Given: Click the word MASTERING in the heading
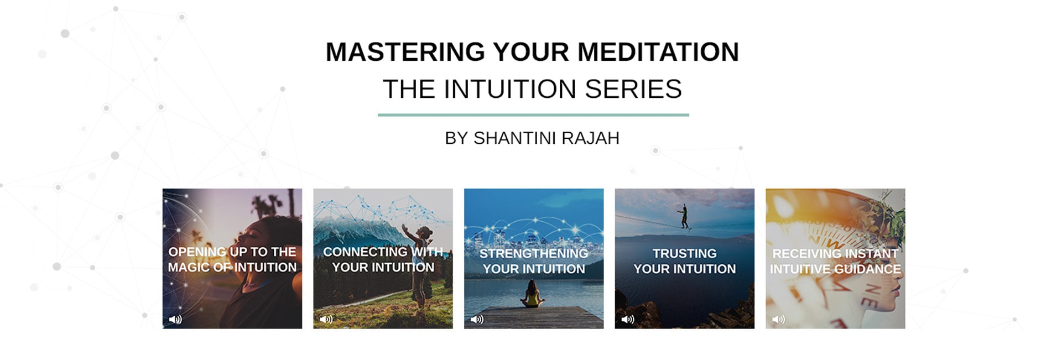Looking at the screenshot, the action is point(405,52).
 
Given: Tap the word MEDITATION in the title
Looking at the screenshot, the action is point(658,52).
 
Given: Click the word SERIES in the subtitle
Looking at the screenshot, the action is point(633,89).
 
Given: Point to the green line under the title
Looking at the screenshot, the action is point(533,115).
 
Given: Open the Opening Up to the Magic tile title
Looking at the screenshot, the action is point(232,259).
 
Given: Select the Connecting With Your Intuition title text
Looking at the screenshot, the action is point(383,259).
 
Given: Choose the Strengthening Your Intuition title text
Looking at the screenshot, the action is point(534,261).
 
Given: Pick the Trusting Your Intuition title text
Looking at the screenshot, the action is point(685,261).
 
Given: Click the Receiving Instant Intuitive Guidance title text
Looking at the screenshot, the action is point(835,261).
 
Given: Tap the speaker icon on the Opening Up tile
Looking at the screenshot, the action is point(175,319).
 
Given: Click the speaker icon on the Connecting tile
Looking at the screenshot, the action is point(326,319).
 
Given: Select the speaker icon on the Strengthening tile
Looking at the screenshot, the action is point(477,319).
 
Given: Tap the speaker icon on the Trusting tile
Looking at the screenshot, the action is point(628,319).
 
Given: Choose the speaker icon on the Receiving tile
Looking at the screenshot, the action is point(778,319).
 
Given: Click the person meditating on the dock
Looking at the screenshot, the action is point(532,294).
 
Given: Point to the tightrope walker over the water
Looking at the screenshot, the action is point(684,216).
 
